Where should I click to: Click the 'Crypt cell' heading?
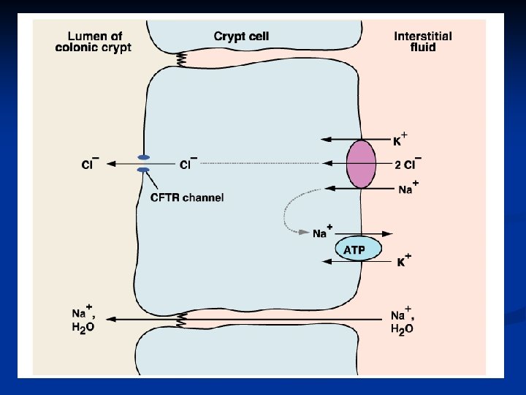(241, 36)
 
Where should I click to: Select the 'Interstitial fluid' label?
(422, 41)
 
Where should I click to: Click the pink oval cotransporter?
(360, 165)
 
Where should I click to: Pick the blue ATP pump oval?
(358, 249)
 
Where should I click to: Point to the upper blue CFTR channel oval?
(144, 157)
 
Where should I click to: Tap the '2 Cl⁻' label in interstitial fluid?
(408, 165)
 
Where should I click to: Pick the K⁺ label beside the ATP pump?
(403, 260)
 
